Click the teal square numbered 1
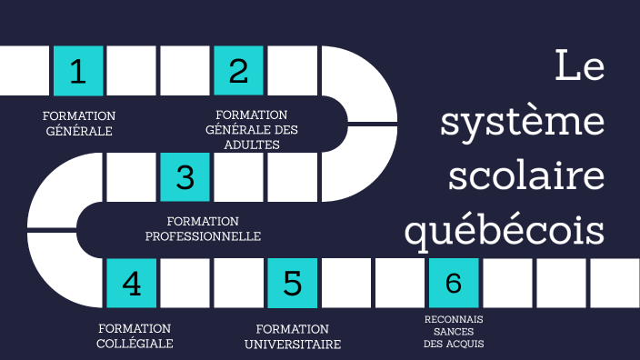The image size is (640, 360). tap(78, 70)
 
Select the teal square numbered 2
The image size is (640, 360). tap(239, 70)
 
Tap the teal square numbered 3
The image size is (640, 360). tap(185, 176)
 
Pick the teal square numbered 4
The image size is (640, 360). tap(132, 283)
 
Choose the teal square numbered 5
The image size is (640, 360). tap(293, 283)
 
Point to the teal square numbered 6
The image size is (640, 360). tap(454, 283)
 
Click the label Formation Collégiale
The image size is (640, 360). tap(135, 335)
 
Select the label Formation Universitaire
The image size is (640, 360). tap(293, 335)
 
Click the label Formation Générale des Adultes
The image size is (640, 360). tap(252, 129)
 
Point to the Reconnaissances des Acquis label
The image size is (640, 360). tap(454, 332)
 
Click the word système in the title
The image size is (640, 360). tap(523, 122)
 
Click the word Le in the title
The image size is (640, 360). tap(579, 67)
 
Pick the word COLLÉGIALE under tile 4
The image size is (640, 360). tap(135, 344)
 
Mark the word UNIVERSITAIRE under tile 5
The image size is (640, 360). tap(293, 345)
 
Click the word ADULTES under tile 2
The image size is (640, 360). tap(252, 144)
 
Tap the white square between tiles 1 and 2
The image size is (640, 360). tap(132, 70)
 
